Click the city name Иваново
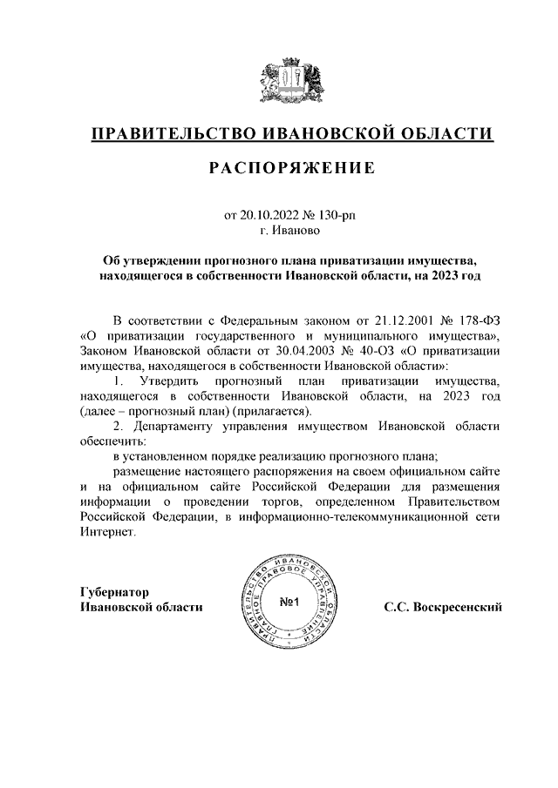(297, 232)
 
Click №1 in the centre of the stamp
(290, 603)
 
